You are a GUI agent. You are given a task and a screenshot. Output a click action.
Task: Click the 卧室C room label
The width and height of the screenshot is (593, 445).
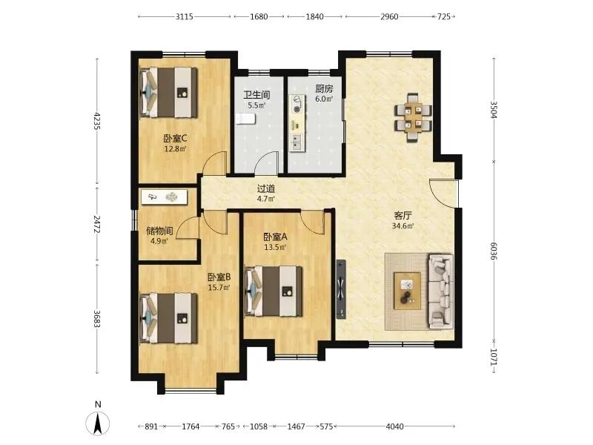175,139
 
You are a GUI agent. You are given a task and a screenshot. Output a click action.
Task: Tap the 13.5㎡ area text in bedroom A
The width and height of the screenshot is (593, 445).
275,248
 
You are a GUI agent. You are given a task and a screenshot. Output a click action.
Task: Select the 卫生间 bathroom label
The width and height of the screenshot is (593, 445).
256,95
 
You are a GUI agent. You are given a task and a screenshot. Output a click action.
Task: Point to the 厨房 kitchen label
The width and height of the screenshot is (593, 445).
324,89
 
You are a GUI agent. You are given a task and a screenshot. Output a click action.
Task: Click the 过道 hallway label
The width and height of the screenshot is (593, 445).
266,188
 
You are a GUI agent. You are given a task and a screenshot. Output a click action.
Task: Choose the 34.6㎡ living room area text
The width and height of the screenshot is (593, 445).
402,226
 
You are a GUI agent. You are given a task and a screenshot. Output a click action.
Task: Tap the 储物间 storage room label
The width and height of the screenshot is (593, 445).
159,231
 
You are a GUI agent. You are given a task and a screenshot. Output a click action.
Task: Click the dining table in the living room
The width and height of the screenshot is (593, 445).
413,117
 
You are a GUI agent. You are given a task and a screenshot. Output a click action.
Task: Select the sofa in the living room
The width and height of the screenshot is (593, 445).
441,290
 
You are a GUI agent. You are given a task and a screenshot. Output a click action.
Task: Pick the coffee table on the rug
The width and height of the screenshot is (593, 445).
407,291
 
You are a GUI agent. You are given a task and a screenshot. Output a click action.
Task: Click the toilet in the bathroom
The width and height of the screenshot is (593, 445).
246,119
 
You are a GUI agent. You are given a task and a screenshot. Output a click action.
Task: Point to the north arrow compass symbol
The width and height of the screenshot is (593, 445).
98,422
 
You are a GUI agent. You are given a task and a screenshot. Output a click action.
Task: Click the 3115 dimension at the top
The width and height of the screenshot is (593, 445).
184,16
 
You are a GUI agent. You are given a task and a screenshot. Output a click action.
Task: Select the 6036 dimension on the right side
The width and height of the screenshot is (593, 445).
493,251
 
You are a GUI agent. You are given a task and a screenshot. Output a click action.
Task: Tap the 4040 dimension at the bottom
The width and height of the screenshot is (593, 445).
394,426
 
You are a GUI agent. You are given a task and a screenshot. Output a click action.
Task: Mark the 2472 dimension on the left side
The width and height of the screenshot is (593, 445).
97,225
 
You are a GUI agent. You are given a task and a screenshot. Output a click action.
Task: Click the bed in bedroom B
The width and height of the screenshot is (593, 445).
169,318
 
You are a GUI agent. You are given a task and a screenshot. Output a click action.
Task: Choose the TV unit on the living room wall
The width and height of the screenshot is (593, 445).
341,289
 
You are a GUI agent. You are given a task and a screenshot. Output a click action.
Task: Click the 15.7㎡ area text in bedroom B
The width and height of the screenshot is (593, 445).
219,288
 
